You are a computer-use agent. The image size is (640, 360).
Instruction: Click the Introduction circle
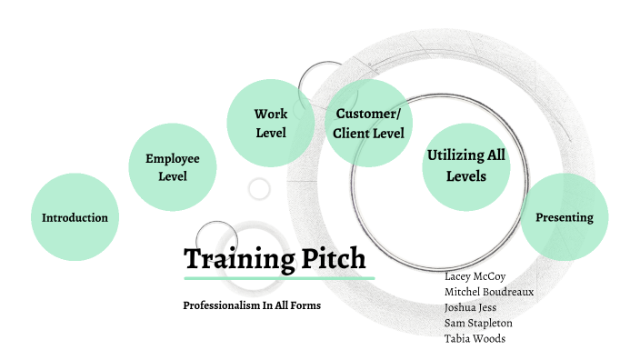click(x=75, y=217)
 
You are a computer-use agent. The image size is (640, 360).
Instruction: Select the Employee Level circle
click(x=173, y=167)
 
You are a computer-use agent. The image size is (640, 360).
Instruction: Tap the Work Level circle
click(x=270, y=124)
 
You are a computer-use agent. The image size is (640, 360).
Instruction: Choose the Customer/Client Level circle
click(x=367, y=124)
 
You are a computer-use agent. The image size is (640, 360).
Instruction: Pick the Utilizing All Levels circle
click(x=466, y=166)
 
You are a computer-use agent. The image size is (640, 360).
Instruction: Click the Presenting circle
click(x=564, y=217)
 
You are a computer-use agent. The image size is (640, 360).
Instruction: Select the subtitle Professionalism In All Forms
click(x=252, y=305)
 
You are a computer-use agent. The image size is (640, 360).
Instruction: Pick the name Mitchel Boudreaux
click(x=489, y=291)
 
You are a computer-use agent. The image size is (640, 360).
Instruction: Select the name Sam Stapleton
click(x=478, y=323)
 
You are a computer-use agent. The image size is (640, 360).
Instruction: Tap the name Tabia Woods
click(x=475, y=338)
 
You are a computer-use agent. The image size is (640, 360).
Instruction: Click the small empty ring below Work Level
click(x=260, y=188)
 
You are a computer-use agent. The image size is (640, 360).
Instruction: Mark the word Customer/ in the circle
click(x=367, y=114)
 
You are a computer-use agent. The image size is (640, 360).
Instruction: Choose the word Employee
click(x=173, y=158)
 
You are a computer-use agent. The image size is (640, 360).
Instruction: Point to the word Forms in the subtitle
click(x=305, y=305)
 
